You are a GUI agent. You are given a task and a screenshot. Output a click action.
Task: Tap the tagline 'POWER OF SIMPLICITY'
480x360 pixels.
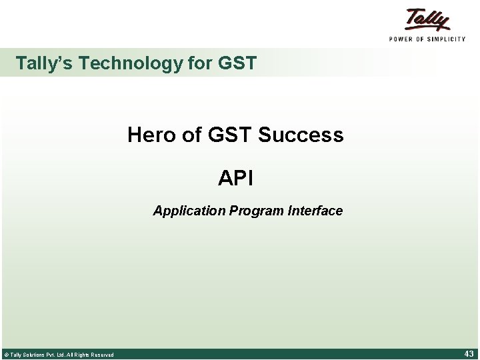point(427,39)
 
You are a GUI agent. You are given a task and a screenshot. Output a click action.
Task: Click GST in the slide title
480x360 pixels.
point(237,63)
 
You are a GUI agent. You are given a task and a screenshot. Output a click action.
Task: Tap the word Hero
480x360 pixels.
point(151,135)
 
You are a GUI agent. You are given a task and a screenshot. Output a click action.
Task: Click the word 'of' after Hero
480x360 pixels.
point(191,135)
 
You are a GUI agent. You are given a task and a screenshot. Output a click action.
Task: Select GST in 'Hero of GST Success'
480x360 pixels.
point(229,135)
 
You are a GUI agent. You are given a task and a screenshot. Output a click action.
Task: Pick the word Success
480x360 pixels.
point(301,135)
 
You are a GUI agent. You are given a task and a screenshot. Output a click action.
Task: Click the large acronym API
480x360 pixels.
point(235,179)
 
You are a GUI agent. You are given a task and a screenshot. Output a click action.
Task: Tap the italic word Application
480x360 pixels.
point(189,211)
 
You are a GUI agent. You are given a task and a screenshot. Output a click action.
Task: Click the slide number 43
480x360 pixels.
point(469,354)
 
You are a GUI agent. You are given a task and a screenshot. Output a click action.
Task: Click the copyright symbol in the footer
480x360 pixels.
point(6,355)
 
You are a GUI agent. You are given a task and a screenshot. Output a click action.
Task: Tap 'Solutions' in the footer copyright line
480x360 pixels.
point(33,355)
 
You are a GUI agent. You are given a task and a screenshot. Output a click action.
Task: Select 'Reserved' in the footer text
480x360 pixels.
point(101,355)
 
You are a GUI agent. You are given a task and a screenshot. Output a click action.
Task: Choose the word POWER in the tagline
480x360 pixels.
point(403,39)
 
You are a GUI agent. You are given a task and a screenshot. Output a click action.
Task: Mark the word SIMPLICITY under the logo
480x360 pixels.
point(447,39)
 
